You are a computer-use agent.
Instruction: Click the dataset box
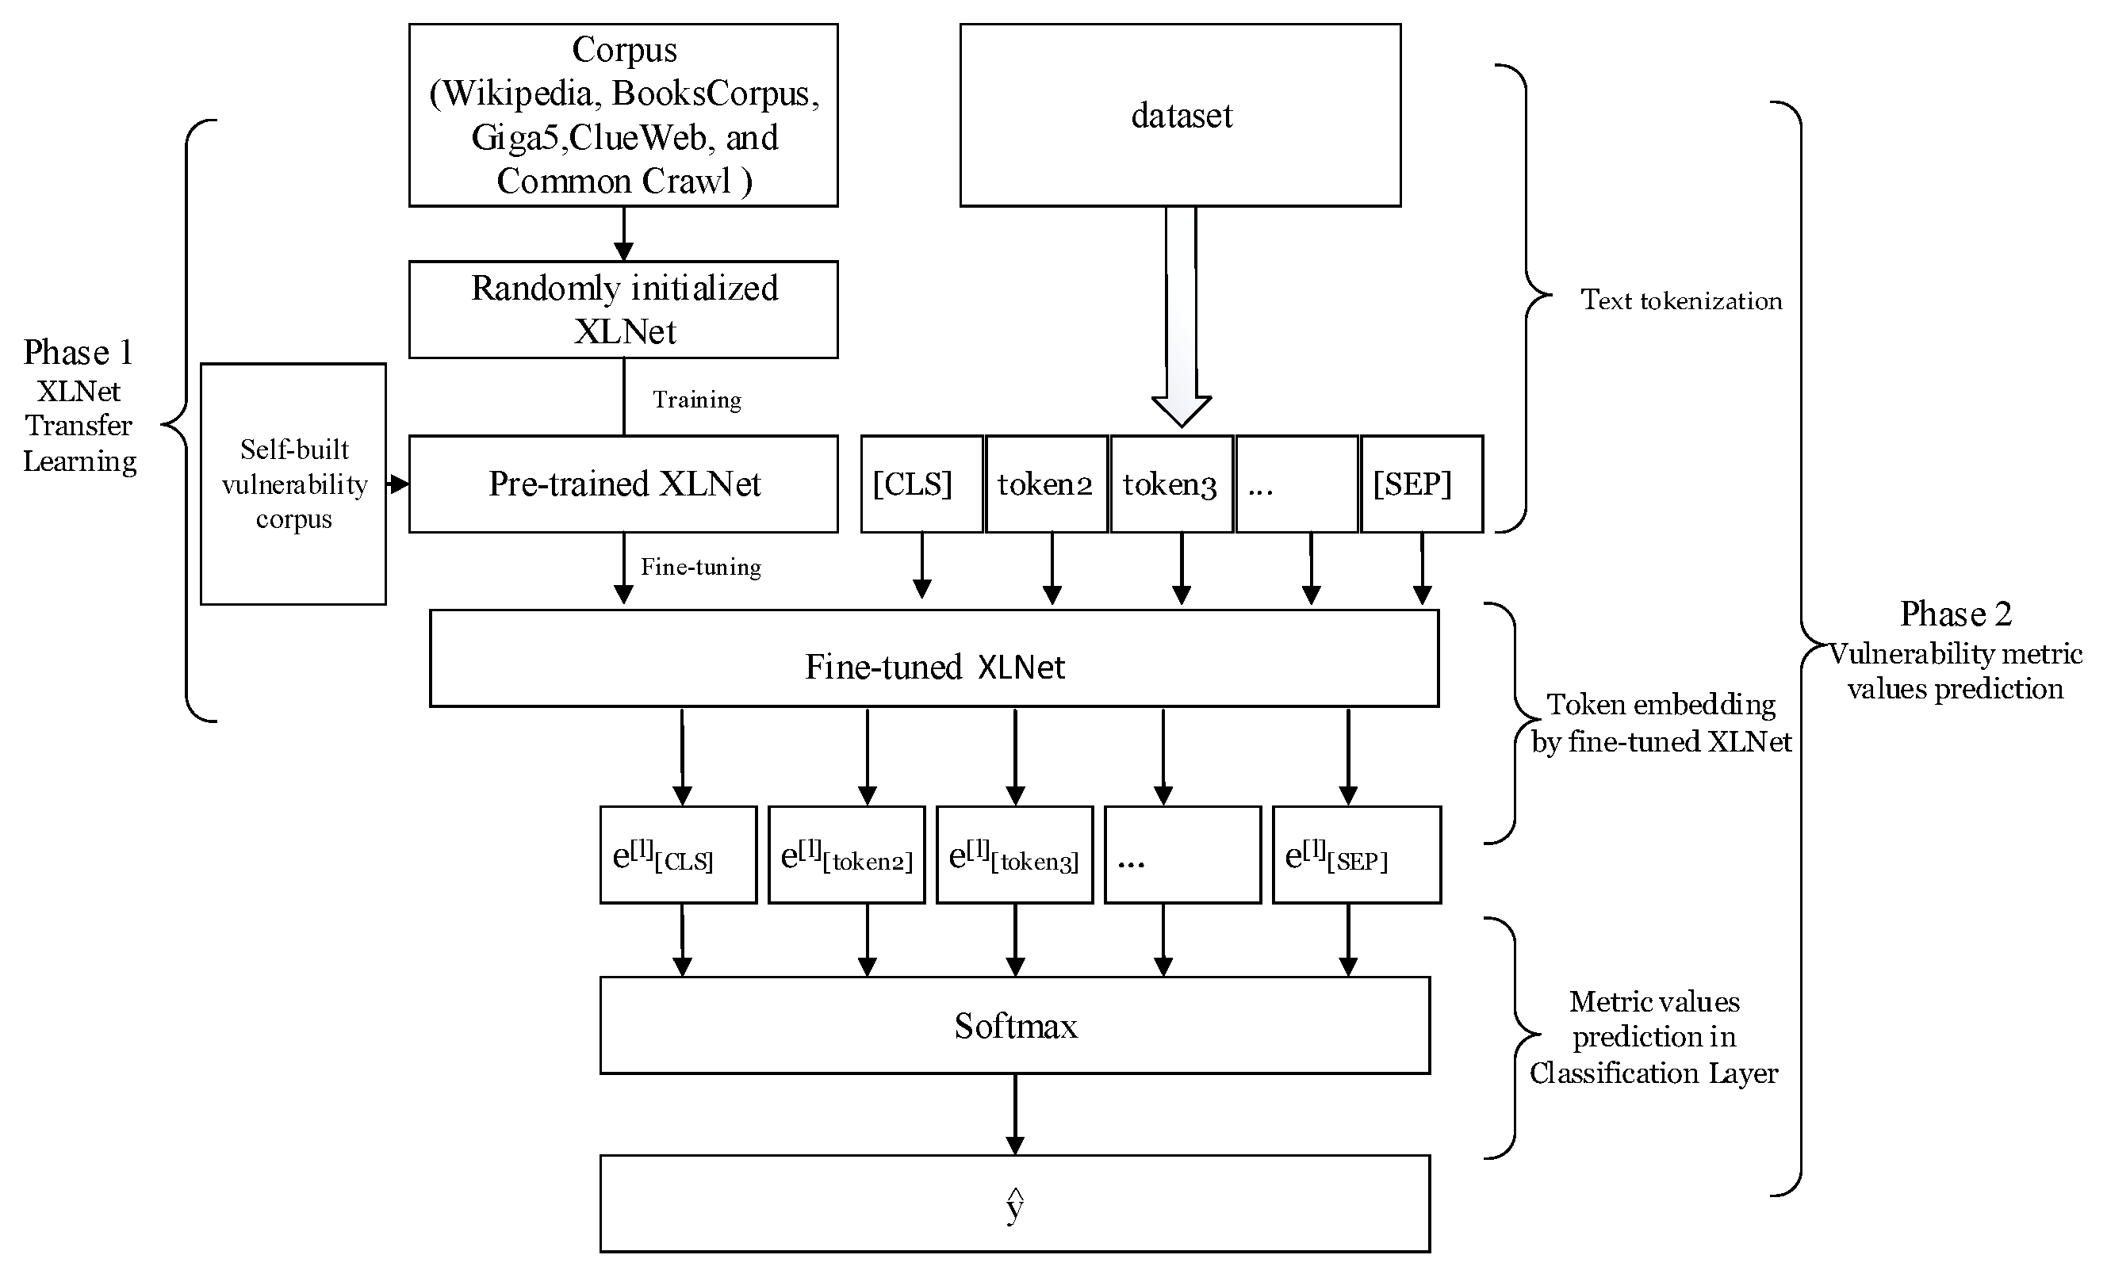click(1179, 116)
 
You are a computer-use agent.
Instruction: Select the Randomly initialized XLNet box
click(623, 309)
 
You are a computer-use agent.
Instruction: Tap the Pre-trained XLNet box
click(623, 484)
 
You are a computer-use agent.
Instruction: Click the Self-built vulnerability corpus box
click(293, 484)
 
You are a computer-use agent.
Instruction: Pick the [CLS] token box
click(921, 484)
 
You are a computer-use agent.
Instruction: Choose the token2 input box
click(1046, 484)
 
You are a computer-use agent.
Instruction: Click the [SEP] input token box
click(1420, 484)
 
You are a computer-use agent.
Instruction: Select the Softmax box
click(1014, 1025)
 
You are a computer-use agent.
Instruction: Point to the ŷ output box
click(1014, 1204)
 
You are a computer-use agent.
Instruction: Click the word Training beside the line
click(697, 400)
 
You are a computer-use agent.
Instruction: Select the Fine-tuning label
click(700, 567)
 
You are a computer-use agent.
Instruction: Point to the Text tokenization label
click(1680, 300)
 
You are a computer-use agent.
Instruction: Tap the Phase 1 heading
click(78, 352)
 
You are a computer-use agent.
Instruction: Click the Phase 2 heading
click(1955, 614)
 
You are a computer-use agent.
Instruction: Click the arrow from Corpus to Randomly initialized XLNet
click(623, 233)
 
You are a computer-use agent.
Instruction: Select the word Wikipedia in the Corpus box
click(518, 94)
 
